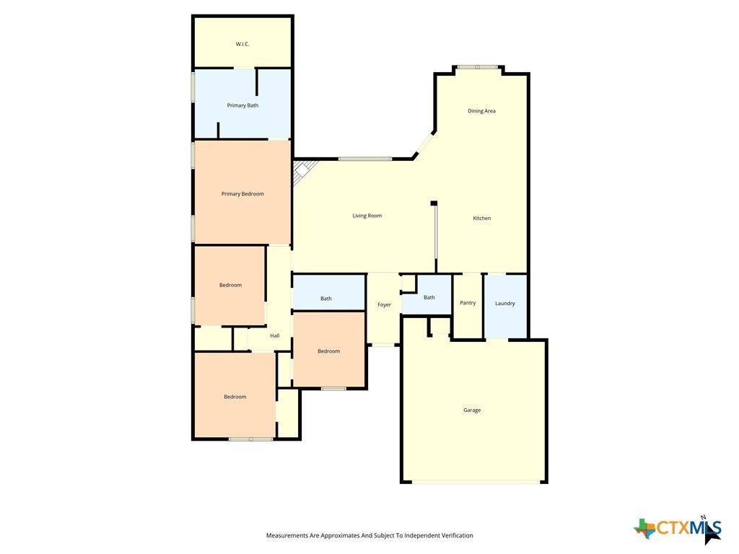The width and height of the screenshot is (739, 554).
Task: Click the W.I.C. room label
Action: click(242, 44)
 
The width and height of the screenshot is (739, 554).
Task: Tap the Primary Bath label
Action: click(242, 105)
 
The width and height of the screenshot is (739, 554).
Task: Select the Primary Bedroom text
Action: click(242, 193)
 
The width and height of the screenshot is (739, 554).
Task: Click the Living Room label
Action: click(367, 215)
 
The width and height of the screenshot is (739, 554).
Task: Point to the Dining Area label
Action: click(481, 110)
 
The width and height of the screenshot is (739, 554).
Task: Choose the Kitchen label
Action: click(482, 218)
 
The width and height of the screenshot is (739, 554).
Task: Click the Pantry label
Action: click(468, 303)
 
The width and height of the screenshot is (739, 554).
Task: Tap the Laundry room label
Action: click(504, 304)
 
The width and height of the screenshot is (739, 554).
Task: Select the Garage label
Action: click(472, 410)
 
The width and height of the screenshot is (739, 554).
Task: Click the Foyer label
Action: click(384, 305)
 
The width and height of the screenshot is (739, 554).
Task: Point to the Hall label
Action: click(275, 335)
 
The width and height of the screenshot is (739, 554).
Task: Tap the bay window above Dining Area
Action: click(478, 67)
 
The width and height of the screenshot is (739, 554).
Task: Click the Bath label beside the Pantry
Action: click(429, 297)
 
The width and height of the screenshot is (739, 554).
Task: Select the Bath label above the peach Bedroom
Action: click(326, 298)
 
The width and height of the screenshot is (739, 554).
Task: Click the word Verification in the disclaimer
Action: click(456, 535)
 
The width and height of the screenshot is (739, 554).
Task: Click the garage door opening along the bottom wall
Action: click(476, 482)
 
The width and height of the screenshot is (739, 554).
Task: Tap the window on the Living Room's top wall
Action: click(364, 159)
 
